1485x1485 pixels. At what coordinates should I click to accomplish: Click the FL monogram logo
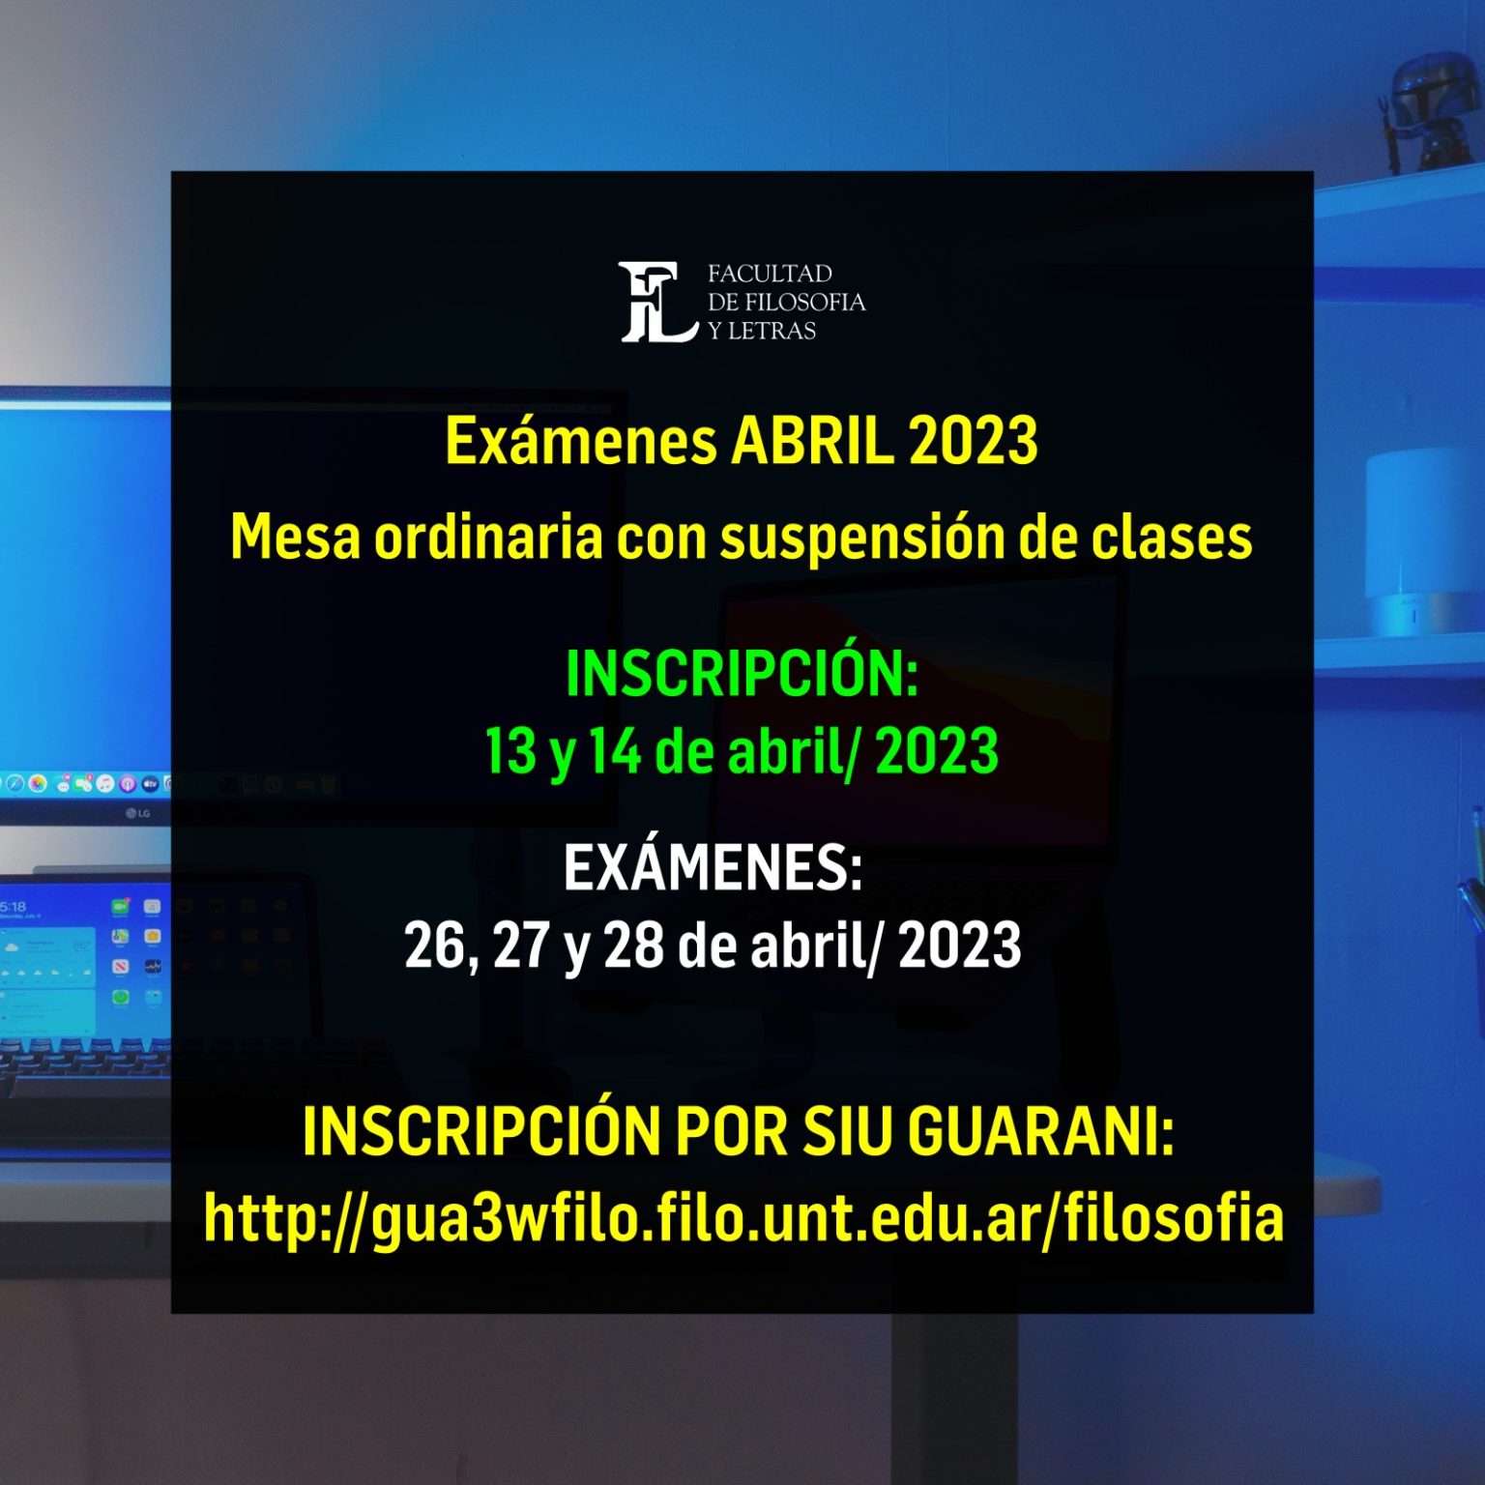(658, 302)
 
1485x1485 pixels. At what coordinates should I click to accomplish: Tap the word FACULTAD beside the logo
(770, 274)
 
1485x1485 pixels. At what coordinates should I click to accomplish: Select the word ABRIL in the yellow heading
(812, 441)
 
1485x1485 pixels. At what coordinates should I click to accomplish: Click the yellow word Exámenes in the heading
(581, 441)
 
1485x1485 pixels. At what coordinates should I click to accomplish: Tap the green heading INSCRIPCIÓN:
(742, 673)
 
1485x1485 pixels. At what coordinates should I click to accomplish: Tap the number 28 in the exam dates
(634, 945)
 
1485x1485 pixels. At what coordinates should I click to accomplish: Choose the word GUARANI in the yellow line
(1041, 1130)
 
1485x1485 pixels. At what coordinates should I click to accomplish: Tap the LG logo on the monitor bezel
(138, 813)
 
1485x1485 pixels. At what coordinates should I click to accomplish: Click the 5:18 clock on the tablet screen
(13, 907)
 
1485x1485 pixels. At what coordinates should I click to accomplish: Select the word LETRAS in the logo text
(772, 331)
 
